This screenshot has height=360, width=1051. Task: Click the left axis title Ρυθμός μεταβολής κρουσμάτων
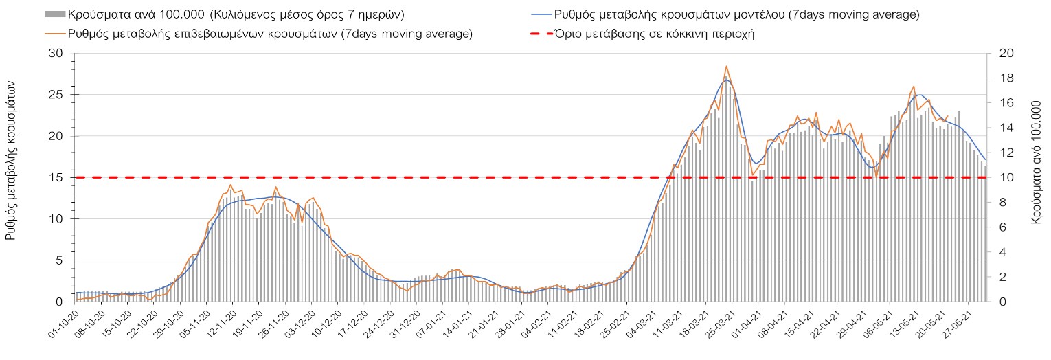(x=11, y=158)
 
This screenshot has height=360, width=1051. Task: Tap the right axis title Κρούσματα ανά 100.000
(x=1037, y=159)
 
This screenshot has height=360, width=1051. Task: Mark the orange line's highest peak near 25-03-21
(x=726, y=67)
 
